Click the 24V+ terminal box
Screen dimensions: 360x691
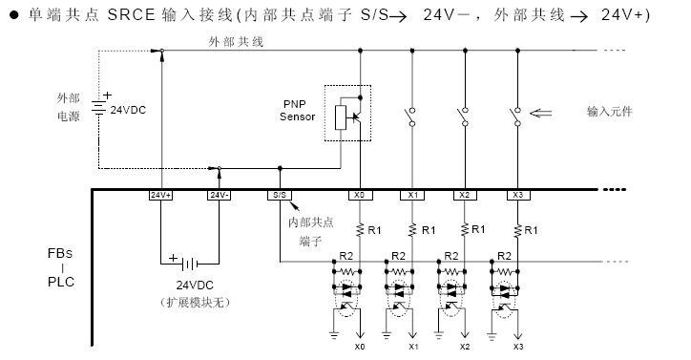159,195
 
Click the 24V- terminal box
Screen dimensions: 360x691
219,195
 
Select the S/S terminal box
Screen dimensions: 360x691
279,195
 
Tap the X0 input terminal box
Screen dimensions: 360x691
359,195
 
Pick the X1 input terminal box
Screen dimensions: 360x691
413,195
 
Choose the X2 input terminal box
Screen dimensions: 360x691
465,195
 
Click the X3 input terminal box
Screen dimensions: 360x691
517,195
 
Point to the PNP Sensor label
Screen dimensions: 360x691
297,111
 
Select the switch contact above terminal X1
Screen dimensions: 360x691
413,116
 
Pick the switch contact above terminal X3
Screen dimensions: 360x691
517,116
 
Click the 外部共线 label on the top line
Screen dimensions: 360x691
236,43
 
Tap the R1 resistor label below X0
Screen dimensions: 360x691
373,230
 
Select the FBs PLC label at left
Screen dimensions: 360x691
60,268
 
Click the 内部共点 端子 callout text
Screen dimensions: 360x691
306,229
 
